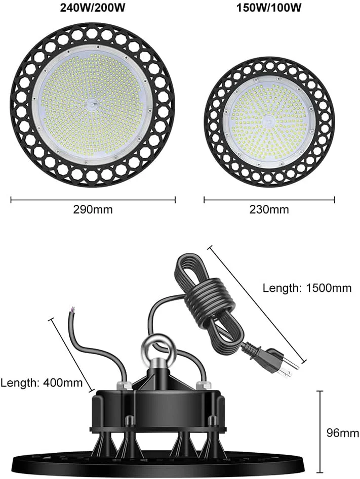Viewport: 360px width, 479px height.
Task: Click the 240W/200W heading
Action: pos(92,9)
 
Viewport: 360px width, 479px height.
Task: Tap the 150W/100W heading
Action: pos(269,9)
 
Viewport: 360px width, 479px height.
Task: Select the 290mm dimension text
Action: pos(93,209)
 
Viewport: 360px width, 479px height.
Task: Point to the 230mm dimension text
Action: pos(269,209)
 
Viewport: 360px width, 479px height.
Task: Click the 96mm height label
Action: pos(342,433)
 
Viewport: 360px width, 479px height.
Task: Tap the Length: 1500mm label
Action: pos(307,288)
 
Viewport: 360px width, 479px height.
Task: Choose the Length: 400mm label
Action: pos(42,382)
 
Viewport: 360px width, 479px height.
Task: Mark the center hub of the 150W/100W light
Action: pos(269,122)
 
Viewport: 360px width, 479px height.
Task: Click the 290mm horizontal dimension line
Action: pos(93,200)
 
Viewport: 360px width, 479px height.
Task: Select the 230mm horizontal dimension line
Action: pos(269,200)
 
